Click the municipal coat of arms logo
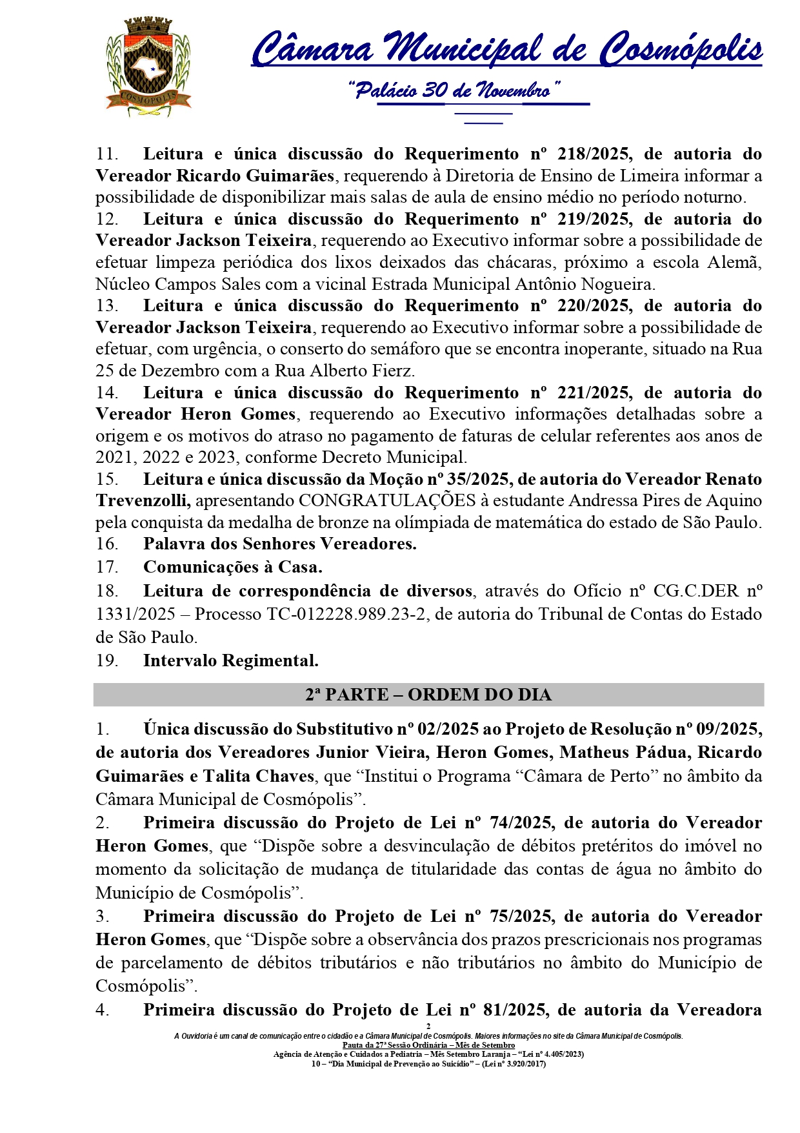148,67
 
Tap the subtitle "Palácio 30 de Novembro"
454,91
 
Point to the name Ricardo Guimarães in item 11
255,176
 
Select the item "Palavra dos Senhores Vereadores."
279,544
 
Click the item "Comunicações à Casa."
232,567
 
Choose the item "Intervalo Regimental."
230,660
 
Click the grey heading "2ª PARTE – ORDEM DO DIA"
428,695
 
